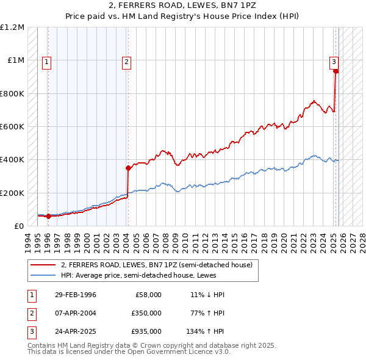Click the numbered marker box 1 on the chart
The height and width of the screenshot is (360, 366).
[47, 61]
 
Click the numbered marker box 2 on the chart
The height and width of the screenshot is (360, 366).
[126, 61]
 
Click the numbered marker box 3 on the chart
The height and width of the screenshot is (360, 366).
[334, 61]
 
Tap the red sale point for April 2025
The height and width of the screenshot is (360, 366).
[336, 71]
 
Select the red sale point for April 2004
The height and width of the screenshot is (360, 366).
[128, 168]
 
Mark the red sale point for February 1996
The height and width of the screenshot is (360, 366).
[48, 216]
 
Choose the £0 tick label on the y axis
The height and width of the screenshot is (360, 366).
[19, 226]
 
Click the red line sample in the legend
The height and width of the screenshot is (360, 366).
[43, 265]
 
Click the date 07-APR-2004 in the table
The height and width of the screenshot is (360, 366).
[75, 313]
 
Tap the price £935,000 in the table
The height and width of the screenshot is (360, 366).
[146, 332]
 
